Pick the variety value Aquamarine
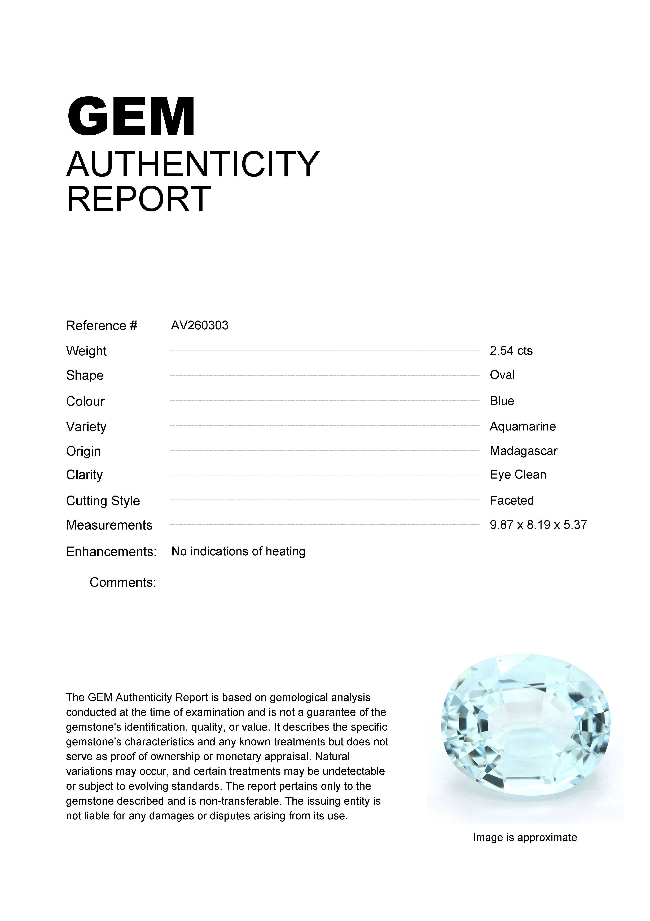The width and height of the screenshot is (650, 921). coord(522,426)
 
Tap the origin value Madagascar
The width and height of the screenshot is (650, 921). coord(523,451)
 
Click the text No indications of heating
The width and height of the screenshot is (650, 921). coord(238,552)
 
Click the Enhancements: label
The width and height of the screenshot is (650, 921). coord(111,552)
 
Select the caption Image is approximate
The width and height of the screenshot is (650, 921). coord(525,838)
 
